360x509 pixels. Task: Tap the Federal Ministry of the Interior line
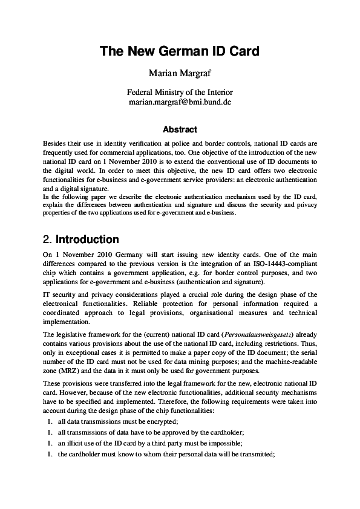tap(180, 92)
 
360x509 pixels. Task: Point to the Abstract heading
tap(180, 129)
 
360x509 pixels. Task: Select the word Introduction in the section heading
tap(87, 239)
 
